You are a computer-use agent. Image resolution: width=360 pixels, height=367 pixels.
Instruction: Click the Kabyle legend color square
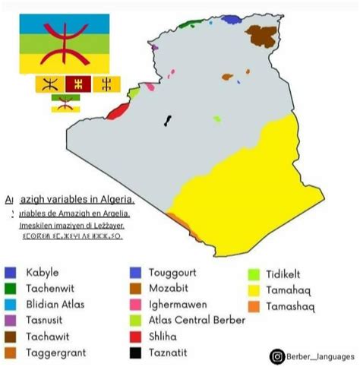coord(10,272)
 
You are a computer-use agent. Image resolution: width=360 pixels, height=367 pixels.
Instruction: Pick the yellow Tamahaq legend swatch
coord(253,290)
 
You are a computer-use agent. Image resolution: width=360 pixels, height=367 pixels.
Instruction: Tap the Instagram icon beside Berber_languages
coord(278,355)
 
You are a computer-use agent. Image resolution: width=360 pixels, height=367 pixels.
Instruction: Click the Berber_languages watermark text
coord(320,356)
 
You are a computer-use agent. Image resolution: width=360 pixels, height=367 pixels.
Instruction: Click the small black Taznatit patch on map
coord(167,120)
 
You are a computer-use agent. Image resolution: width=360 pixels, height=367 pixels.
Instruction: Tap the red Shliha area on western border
coord(116,112)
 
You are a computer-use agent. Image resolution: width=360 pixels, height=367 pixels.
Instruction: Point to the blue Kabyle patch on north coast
coord(231,19)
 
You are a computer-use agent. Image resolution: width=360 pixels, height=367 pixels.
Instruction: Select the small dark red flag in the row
coord(77,84)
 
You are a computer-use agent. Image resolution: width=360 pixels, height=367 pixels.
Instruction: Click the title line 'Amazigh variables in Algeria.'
coord(70,200)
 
